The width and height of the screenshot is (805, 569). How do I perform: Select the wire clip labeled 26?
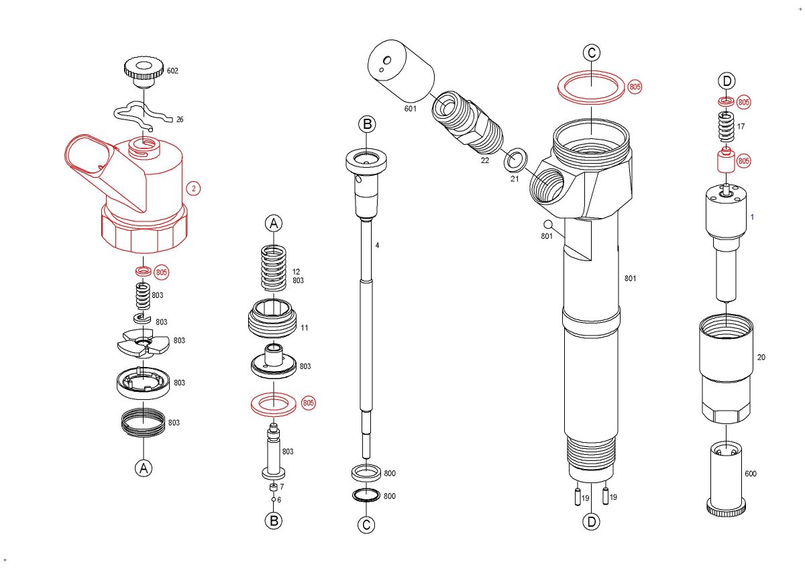[x=141, y=115]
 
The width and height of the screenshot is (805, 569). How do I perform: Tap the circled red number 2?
[x=193, y=189]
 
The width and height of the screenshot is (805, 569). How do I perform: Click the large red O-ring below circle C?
[x=591, y=87]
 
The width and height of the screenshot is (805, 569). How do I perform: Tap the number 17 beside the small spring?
[x=741, y=126]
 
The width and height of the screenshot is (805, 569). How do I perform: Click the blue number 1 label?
[x=752, y=217]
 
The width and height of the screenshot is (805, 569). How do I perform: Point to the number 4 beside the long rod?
[x=377, y=246]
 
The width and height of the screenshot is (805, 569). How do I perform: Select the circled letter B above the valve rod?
[x=367, y=124]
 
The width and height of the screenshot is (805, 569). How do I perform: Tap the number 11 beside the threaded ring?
[x=304, y=328]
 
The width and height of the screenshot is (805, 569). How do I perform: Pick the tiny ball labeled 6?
[x=274, y=500]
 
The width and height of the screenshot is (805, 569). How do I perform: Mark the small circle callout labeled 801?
[x=547, y=224]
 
